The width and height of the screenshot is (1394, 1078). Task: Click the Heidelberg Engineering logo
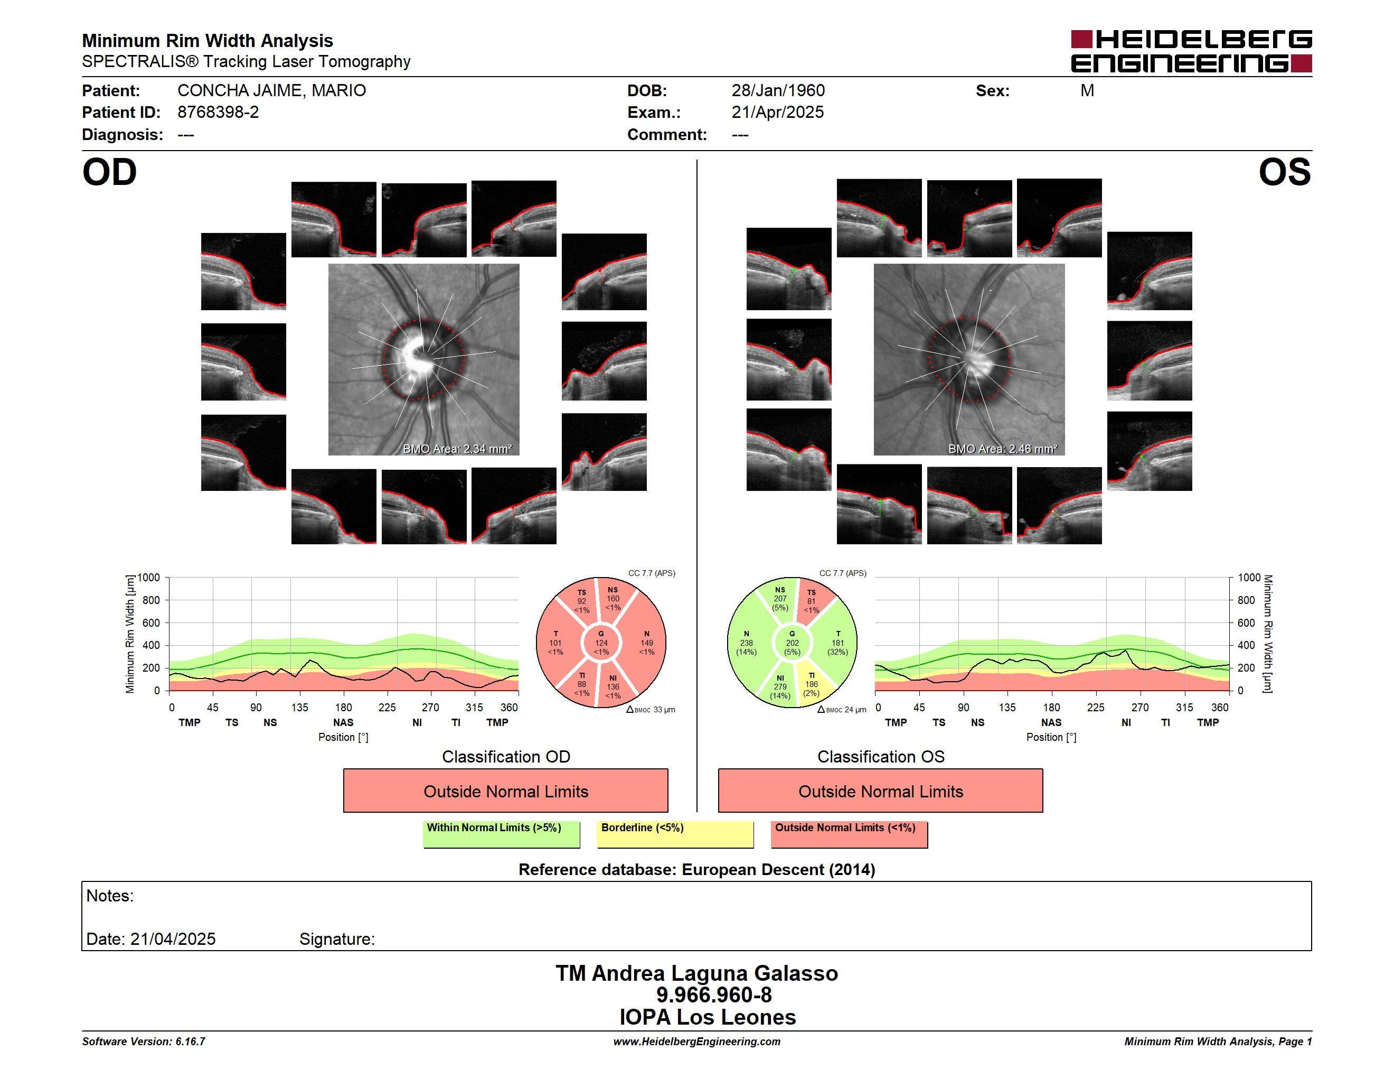pyautogui.click(x=1191, y=51)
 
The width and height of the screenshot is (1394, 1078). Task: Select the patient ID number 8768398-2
pyautogui.click(x=218, y=113)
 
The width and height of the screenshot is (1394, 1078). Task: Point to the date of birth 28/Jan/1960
pyautogui.click(x=778, y=91)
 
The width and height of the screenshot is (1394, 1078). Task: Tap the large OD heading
pyautogui.click(x=109, y=172)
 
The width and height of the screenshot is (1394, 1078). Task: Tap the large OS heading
pyautogui.click(x=1284, y=172)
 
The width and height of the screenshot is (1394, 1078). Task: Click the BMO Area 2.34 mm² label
pyautogui.click(x=457, y=449)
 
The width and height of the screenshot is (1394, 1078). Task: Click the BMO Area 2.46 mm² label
pyautogui.click(x=1003, y=449)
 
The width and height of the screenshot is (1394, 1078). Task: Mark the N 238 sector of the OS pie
pyautogui.click(x=747, y=643)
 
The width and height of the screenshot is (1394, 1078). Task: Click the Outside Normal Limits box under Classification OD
pyautogui.click(x=505, y=791)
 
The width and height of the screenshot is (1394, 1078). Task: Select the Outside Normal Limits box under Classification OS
pyautogui.click(x=880, y=791)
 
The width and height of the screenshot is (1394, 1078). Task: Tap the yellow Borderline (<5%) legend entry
pyautogui.click(x=675, y=834)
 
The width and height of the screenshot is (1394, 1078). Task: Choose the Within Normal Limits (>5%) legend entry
pyautogui.click(x=501, y=834)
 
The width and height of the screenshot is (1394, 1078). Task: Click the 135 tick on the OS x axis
pyautogui.click(x=1007, y=708)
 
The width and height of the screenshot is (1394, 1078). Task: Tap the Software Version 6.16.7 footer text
pyautogui.click(x=144, y=1042)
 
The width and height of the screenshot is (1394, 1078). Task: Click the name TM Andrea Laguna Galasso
pyautogui.click(x=696, y=973)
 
